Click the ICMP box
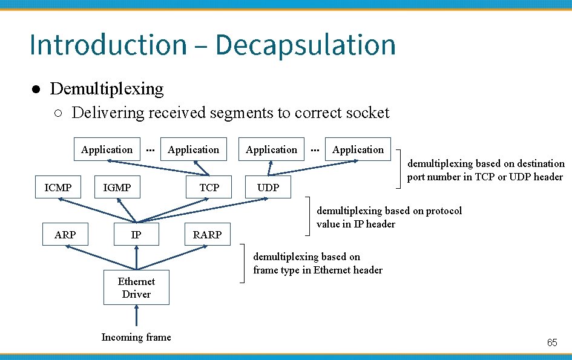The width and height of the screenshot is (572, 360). (x=58, y=188)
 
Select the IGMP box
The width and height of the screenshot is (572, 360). (x=117, y=188)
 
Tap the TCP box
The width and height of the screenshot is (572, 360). (x=209, y=188)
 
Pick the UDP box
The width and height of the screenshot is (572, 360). (x=268, y=188)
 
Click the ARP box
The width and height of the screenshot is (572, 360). (x=65, y=234)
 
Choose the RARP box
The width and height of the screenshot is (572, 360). (x=207, y=234)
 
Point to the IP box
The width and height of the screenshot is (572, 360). (x=136, y=234)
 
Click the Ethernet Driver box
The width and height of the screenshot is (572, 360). (x=136, y=288)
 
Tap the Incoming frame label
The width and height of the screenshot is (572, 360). (x=136, y=337)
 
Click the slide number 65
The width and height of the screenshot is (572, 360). (x=552, y=342)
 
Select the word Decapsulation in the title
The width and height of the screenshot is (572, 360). (x=305, y=45)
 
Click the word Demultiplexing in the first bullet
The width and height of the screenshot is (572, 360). (x=107, y=89)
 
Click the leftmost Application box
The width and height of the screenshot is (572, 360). (x=107, y=149)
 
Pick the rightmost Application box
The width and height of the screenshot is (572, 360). (x=358, y=149)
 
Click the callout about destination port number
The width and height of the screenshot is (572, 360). (x=485, y=170)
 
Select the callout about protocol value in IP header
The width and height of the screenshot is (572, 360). (x=389, y=217)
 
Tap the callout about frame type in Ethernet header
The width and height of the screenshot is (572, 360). (x=318, y=263)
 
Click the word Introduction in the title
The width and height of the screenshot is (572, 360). (x=108, y=45)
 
